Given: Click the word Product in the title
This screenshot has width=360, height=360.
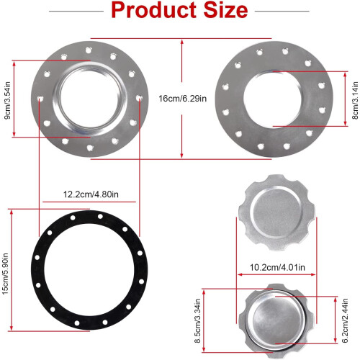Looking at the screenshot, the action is click(x=153, y=11).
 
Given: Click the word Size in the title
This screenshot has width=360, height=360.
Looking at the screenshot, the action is click(x=225, y=11).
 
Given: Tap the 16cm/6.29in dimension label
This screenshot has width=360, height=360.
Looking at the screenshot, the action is click(x=183, y=99).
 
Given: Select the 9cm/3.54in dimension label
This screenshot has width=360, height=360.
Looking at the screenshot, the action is click(x=7, y=100).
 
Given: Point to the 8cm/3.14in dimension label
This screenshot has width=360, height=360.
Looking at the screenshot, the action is click(x=355, y=100).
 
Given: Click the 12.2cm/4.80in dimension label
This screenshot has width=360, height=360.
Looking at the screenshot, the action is click(x=91, y=194).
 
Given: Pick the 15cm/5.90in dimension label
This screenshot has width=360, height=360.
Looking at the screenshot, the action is click(x=5, y=274).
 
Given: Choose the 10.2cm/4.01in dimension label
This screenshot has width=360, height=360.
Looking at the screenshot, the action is click(x=277, y=267).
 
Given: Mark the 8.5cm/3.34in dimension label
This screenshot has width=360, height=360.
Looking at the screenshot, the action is click(x=197, y=320).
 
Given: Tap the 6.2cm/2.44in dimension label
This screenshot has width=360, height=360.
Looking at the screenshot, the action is click(x=344, y=320).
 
